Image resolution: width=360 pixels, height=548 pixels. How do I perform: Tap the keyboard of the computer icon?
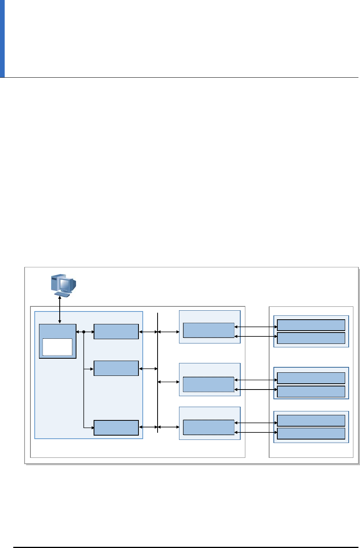pyautogui.click(x=63, y=294)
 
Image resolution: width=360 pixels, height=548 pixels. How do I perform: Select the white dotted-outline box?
pyautogui.click(x=57, y=347)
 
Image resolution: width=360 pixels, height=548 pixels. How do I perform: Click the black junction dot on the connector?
pyautogui.click(x=84, y=332)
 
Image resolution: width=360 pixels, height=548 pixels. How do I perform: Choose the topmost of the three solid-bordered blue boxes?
pyautogui.click(x=116, y=332)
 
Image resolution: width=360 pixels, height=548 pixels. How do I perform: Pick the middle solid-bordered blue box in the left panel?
pyautogui.click(x=116, y=368)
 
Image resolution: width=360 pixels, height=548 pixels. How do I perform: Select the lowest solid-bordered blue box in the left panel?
pyautogui.click(x=116, y=427)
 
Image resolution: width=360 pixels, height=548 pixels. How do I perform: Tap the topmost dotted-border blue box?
pyautogui.click(x=209, y=330)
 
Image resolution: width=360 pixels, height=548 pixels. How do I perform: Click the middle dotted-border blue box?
pyautogui.click(x=209, y=384)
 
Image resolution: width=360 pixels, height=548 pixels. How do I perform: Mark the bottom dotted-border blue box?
pyautogui.click(x=209, y=427)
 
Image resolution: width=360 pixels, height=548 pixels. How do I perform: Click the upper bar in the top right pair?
pyautogui.click(x=311, y=325)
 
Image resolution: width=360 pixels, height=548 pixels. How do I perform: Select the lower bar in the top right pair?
pyautogui.click(x=311, y=338)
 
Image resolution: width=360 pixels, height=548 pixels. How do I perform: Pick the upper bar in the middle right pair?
pyautogui.click(x=311, y=378)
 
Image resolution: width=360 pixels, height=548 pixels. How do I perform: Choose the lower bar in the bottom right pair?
pyautogui.click(x=311, y=433)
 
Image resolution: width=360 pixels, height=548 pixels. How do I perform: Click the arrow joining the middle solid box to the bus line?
pyautogui.click(x=148, y=368)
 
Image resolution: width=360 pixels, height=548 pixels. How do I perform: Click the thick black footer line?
pyautogui.click(x=183, y=547)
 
